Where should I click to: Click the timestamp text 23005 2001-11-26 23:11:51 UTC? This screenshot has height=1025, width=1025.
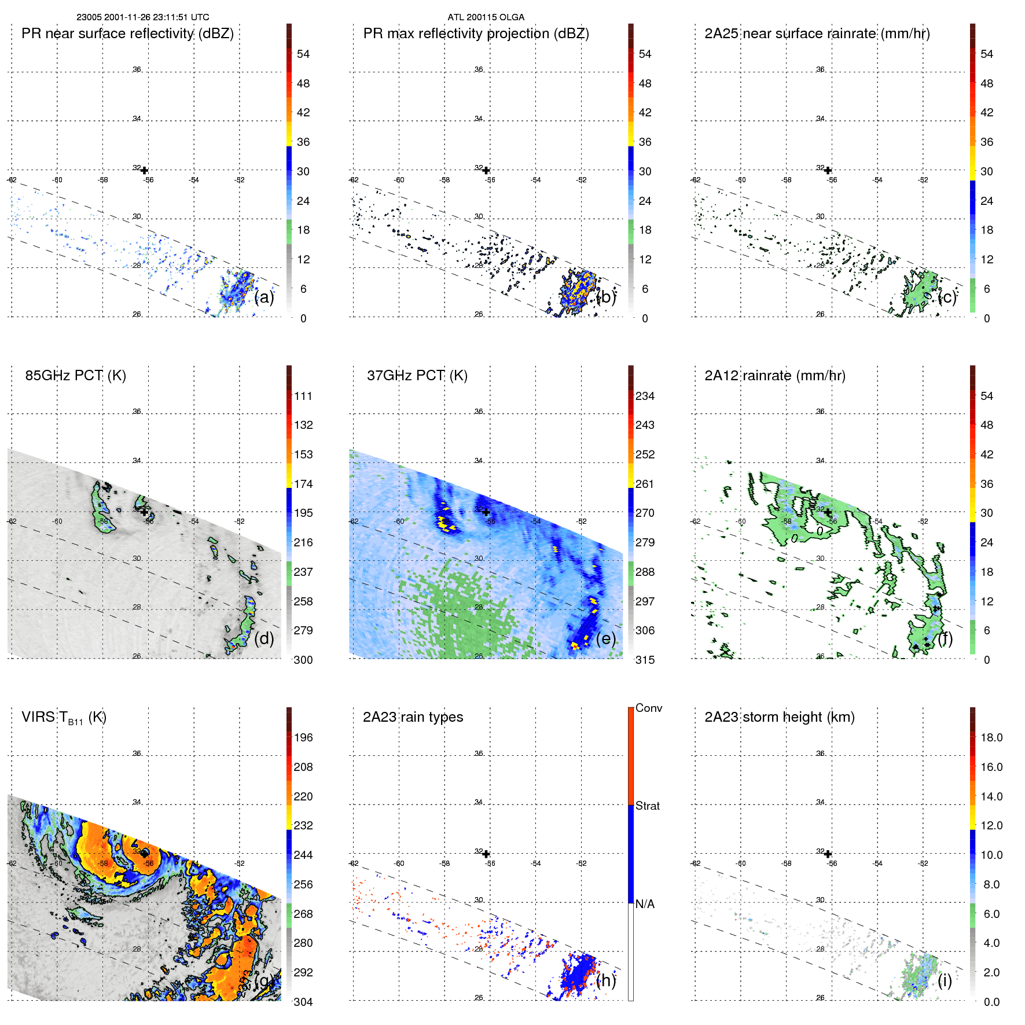pyautogui.click(x=143, y=17)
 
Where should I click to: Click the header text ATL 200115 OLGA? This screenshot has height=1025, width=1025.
pyautogui.click(x=486, y=17)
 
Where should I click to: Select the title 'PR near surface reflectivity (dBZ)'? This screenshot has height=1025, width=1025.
pyautogui.click(x=127, y=34)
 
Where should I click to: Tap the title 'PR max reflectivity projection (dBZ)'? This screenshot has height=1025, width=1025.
pyautogui.click(x=476, y=34)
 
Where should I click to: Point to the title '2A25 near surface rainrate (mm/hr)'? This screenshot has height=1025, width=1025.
pyautogui.click(x=817, y=34)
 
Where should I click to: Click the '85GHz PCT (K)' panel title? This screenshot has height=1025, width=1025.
pyautogui.click(x=75, y=376)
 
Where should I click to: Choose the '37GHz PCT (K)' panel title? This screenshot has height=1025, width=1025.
pyautogui.click(x=417, y=376)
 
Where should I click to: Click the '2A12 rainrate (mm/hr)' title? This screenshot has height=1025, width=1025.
pyautogui.click(x=774, y=376)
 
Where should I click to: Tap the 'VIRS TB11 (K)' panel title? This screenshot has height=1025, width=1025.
pyautogui.click(x=64, y=718)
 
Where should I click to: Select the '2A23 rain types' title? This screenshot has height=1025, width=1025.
pyautogui.click(x=413, y=717)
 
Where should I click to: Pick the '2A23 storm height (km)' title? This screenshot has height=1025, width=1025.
pyautogui.click(x=779, y=717)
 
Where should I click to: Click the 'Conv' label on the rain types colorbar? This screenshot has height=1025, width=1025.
pyautogui.click(x=648, y=708)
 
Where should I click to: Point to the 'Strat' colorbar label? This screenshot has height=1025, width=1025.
pyautogui.click(x=647, y=806)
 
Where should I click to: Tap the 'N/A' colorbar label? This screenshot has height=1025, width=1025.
pyautogui.click(x=645, y=904)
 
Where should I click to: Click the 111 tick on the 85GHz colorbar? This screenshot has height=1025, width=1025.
pyautogui.click(x=303, y=396)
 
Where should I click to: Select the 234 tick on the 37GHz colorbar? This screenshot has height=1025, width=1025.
pyautogui.click(x=645, y=396)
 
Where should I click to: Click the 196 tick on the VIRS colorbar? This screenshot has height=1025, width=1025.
pyautogui.click(x=303, y=737)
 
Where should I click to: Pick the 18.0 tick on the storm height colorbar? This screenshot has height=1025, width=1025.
pyautogui.click(x=991, y=737)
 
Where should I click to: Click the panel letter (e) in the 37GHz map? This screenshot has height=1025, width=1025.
pyautogui.click(x=605, y=638)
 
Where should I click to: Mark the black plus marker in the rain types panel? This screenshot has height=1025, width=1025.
pyautogui.click(x=486, y=854)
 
